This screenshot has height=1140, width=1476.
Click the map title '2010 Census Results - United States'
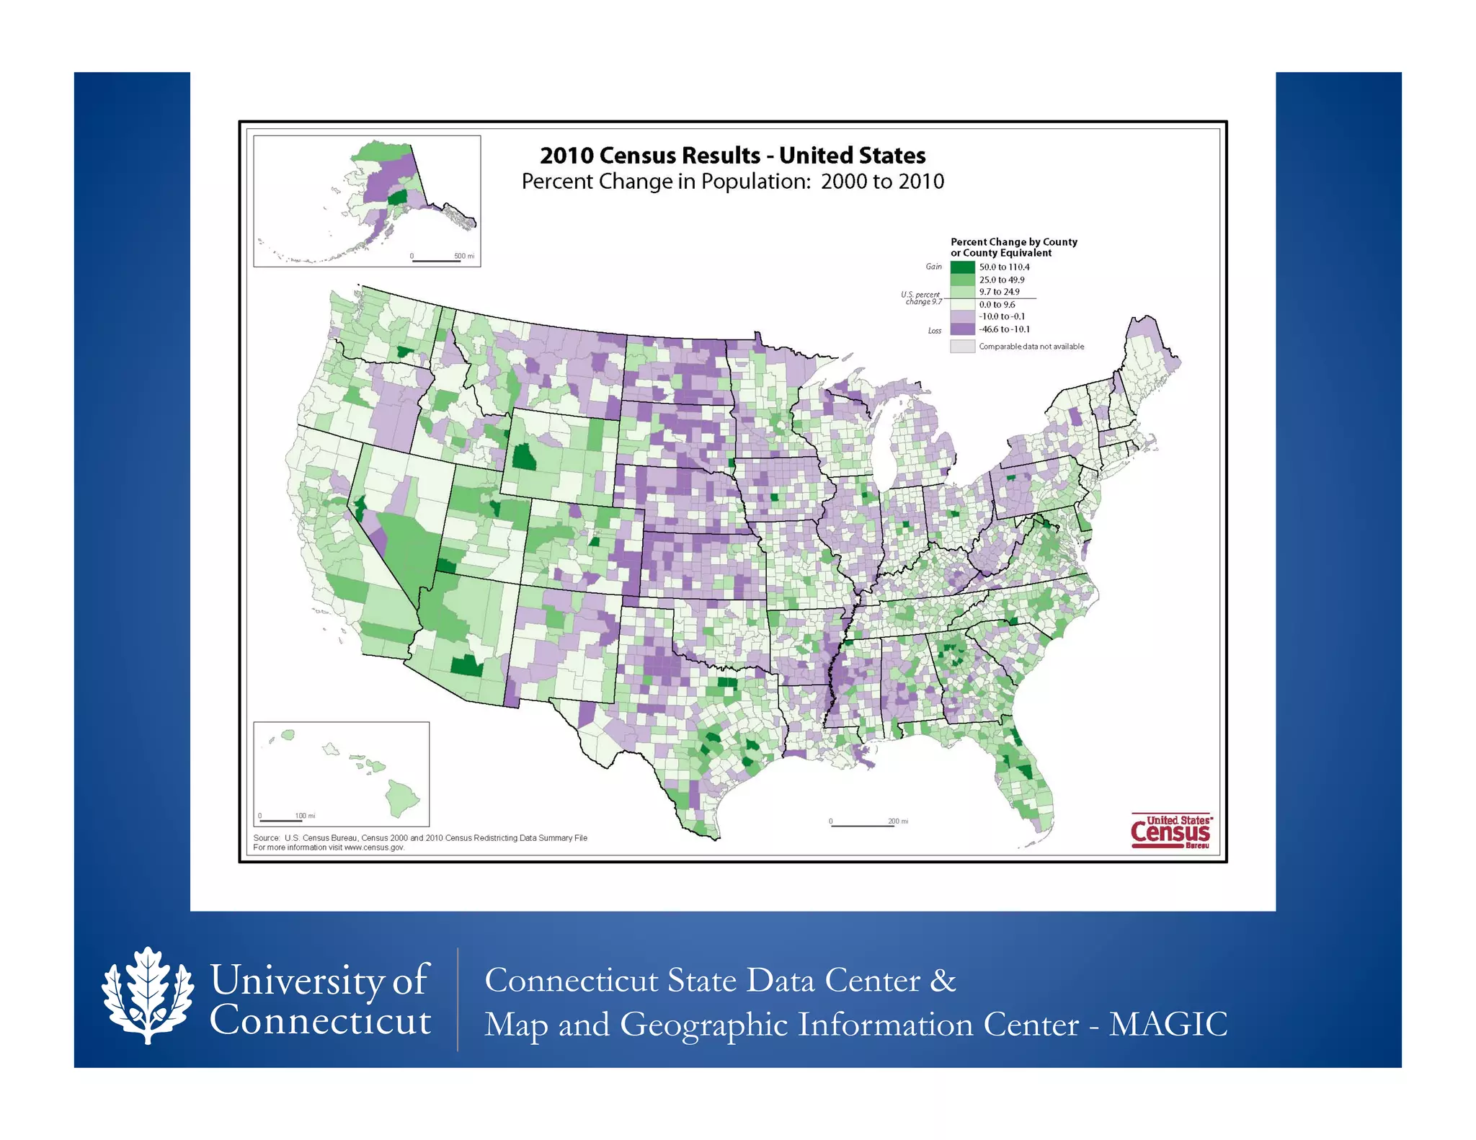coord(732,155)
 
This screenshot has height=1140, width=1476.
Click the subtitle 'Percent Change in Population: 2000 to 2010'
coord(732,182)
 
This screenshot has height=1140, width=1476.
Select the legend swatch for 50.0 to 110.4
coord(962,267)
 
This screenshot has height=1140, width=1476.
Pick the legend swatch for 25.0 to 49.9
coord(962,280)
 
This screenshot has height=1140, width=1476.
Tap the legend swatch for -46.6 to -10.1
coord(962,329)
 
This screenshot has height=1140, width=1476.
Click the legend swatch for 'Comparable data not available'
coord(962,347)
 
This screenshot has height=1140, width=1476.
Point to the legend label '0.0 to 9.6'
coord(997,305)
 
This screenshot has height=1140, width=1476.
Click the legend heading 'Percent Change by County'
coord(1013,242)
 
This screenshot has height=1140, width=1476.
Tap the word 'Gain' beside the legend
coord(933,267)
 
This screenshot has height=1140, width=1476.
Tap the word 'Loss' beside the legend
coord(934,331)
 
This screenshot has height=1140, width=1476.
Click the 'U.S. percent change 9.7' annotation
coord(921,298)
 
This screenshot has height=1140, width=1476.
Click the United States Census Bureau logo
coord(1171,832)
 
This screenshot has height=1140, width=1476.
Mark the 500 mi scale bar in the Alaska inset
coord(436,261)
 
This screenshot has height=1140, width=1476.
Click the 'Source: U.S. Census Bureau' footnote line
coord(420,838)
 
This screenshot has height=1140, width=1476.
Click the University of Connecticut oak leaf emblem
coord(148,995)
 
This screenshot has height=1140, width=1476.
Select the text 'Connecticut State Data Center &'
coord(720,981)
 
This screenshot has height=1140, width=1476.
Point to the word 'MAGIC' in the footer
coord(1168,1025)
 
